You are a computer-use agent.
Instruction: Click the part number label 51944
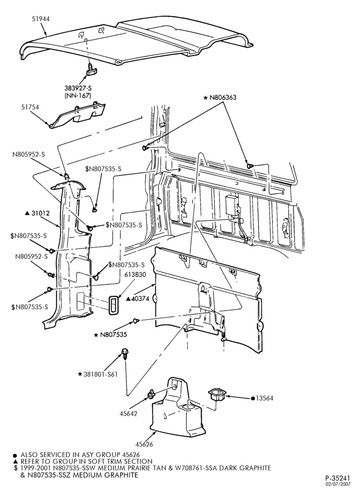(40, 19)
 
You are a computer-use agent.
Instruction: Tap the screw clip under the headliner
(90, 71)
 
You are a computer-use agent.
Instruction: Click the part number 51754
(30, 107)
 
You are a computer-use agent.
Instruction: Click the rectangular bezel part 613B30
(113, 305)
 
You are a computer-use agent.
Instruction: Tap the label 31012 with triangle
(37, 214)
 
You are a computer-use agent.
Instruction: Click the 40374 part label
(138, 299)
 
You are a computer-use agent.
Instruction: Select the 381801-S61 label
(98, 374)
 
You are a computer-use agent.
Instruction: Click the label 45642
(128, 414)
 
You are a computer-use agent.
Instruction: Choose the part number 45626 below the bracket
(144, 444)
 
